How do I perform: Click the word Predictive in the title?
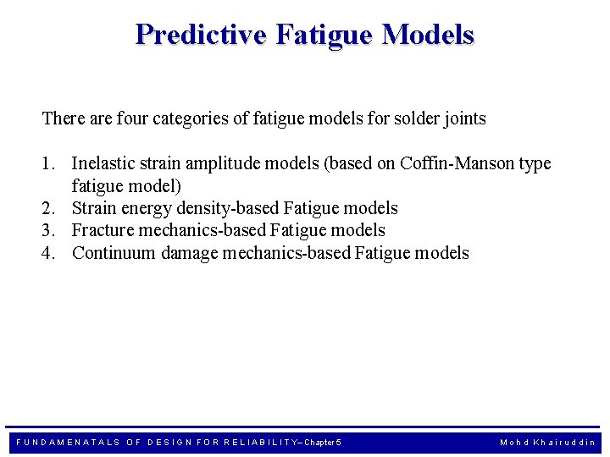point(200,35)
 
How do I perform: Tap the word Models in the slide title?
point(428,35)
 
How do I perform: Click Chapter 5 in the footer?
point(322,443)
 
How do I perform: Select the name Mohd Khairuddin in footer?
point(547,443)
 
